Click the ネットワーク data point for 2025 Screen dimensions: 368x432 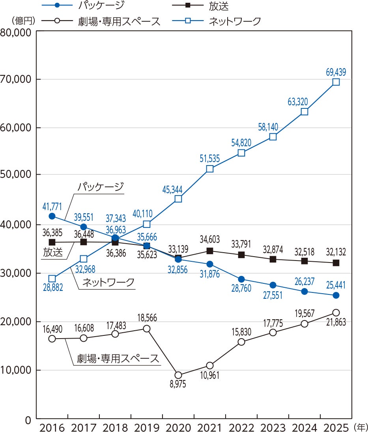click(x=336, y=82)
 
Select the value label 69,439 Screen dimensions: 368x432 click(x=336, y=72)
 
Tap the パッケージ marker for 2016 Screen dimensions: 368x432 click(x=52, y=216)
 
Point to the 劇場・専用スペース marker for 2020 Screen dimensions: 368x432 click(x=178, y=375)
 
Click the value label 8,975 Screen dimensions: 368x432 click(x=178, y=384)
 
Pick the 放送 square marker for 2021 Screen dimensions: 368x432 click(x=210, y=251)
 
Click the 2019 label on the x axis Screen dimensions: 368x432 click(x=147, y=427)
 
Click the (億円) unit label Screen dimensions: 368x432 click(x=23, y=21)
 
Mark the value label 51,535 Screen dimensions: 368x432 click(x=210, y=159)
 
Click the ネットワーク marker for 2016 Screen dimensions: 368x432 click(x=52, y=279)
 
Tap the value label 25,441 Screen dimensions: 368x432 click(x=336, y=285)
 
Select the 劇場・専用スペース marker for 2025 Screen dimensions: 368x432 click(x=336, y=313)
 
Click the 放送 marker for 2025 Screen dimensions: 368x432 click(x=336, y=263)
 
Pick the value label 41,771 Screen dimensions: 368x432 click(x=52, y=207)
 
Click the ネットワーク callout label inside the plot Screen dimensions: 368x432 click(x=108, y=282)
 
